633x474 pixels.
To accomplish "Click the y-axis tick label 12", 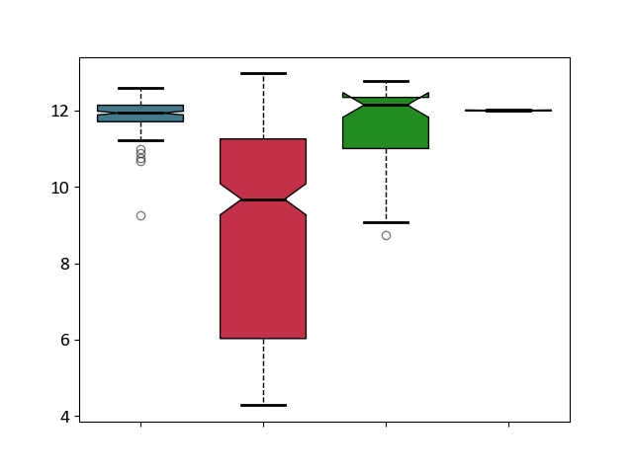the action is coord(59,111).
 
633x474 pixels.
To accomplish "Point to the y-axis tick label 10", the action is coord(59,188).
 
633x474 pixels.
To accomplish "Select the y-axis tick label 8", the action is coord(65,264).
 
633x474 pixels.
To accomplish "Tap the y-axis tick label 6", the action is coord(65,340).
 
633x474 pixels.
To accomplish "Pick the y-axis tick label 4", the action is coord(65,417).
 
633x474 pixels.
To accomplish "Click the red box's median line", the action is coord(263,199).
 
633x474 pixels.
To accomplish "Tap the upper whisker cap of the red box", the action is coord(263,74).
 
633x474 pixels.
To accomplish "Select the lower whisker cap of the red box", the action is coord(263,406).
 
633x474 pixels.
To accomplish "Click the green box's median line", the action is coord(386,105).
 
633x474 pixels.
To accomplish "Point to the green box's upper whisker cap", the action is coord(386,81).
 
